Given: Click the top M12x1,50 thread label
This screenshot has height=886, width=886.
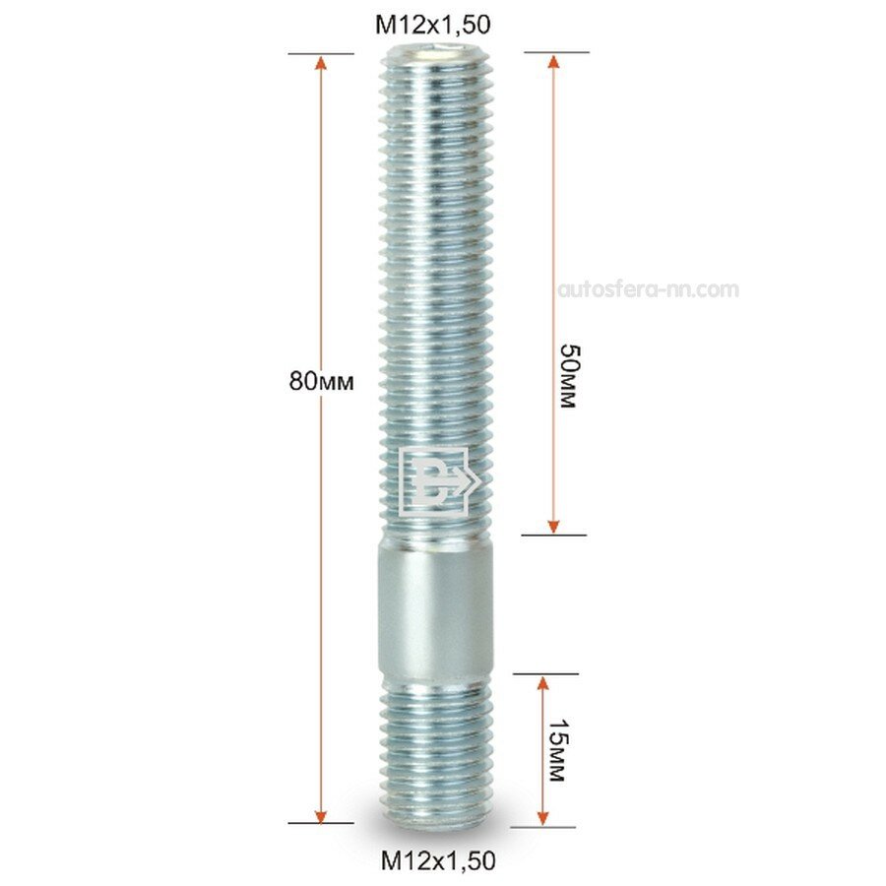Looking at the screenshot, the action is [x=433, y=25].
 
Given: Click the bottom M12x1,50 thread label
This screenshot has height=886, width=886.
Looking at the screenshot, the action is [x=438, y=860].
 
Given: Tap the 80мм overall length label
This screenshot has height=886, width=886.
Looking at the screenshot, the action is [x=322, y=381].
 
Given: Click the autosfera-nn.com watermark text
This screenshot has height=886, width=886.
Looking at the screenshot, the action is [x=648, y=289].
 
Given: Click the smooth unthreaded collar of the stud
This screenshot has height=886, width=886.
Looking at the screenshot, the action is [x=436, y=605].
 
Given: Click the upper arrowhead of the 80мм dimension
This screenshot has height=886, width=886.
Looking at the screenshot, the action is [x=321, y=63].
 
